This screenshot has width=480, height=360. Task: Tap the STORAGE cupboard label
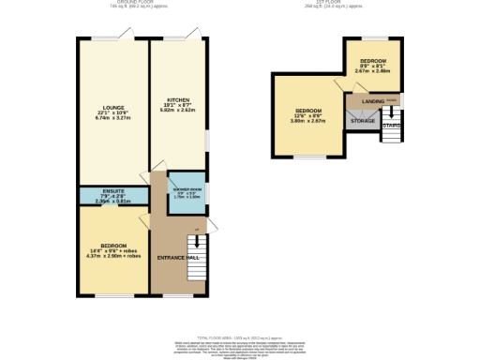pos(363,122)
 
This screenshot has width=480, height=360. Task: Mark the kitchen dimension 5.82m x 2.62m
pos(177,108)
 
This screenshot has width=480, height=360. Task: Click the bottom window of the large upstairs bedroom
pos(309,156)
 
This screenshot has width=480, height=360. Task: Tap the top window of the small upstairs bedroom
pos(374,37)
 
